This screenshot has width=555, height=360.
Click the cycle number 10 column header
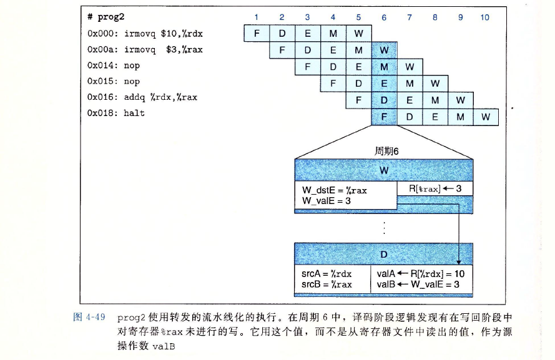485,17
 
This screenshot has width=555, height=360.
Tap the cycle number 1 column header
256,17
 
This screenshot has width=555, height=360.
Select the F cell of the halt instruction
383,117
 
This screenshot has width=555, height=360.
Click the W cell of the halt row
485,117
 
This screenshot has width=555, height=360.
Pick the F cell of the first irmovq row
256,33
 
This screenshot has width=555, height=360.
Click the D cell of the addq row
383,100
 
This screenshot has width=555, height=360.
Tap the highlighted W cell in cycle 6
383,50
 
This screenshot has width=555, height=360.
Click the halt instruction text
134,114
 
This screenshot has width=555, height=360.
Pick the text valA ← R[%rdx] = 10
420,273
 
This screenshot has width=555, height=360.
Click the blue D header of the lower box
383,254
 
